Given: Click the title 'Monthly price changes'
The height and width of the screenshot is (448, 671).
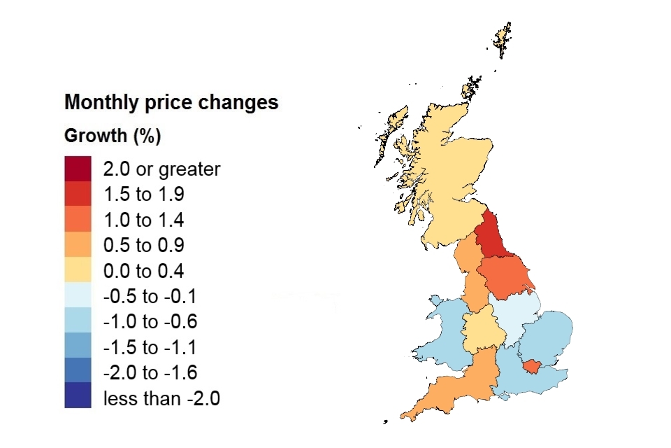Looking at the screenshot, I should [x=171, y=103].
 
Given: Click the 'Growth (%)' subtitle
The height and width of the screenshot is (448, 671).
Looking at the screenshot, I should [x=113, y=136].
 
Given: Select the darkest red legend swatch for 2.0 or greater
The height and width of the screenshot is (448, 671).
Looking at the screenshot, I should [x=78, y=169].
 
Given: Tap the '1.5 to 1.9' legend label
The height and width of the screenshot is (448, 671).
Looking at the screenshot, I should [x=143, y=194].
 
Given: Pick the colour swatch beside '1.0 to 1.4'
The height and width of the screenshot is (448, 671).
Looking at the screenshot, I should [x=78, y=219].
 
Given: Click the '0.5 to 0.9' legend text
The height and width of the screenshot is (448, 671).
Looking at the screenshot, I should [x=143, y=245].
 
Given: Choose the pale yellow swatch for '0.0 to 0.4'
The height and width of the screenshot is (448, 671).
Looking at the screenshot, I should [x=78, y=270].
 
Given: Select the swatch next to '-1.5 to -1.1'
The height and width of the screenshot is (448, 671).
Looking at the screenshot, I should [x=78, y=346].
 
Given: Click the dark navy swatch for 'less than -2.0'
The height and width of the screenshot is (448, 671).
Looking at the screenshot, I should [x=78, y=395].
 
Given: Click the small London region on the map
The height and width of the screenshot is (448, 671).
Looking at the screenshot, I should [x=535, y=365].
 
